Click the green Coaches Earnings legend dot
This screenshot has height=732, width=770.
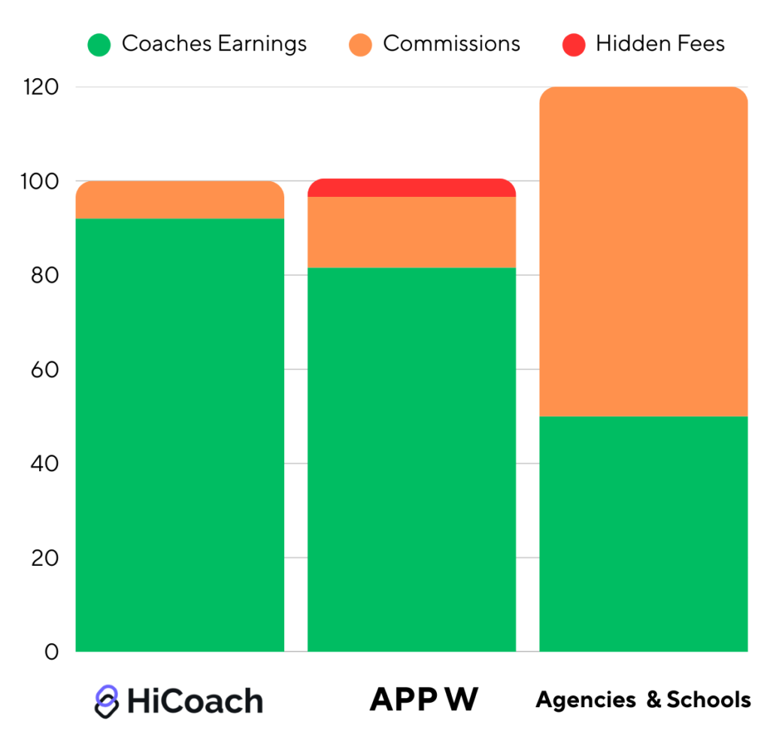pyautogui.click(x=99, y=44)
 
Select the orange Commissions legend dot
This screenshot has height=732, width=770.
pyautogui.click(x=361, y=44)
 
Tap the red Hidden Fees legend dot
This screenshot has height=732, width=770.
pyautogui.click(x=573, y=44)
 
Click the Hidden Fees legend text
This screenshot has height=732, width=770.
pyautogui.click(x=660, y=44)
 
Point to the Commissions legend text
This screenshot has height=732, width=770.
pyautogui.click(x=451, y=44)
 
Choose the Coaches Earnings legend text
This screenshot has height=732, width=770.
pyautogui.click(x=214, y=44)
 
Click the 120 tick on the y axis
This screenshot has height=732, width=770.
pyautogui.click(x=41, y=87)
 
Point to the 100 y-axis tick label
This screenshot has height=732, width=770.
pyautogui.click(x=41, y=182)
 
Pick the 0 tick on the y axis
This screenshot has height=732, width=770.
pyautogui.click(x=50, y=652)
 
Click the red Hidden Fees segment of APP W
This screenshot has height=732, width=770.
pyautogui.click(x=412, y=188)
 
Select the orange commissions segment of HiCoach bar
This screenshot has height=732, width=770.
pyautogui.click(x=180, y=201)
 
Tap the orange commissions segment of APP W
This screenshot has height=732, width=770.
pyautogui.click(x=412, y=232)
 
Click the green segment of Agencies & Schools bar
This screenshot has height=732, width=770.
pyautogui.click(x=644, y=534)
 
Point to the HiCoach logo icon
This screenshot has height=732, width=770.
pyautogui.click(x=107, y=700)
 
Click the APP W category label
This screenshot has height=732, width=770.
pyautogui.click(x=423, y=700)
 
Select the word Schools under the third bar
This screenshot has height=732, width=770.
pyautogui.click(x=709, y=700)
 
